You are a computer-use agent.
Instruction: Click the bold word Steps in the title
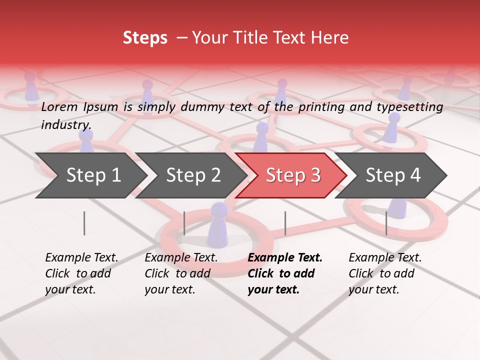point(145,38)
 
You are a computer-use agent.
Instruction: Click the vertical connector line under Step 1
point(84,223)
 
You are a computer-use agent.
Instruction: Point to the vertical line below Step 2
point(184,223)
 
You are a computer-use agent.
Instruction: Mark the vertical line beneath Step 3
point(285,223)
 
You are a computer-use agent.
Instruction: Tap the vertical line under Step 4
point(386,223)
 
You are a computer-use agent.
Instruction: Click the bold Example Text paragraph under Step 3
point(285,273)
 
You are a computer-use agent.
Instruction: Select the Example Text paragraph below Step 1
point(81,273)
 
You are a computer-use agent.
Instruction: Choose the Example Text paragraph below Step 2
point(181,273)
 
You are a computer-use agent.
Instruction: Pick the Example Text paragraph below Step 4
point(385,273)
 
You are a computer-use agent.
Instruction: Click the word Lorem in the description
point(59,106)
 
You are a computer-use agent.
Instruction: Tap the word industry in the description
point(66,125)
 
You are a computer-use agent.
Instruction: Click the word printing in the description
point(320,107)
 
